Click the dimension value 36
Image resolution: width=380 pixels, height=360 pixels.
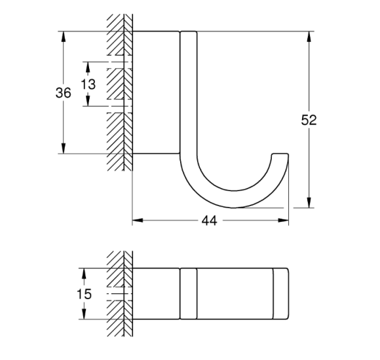click(x=63, y=94)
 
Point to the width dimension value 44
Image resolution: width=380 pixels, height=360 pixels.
click(x=209, y=221)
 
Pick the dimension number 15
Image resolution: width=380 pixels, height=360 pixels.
click(x=83, y=295)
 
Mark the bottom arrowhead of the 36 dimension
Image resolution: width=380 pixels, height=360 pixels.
click(x=63, y=150)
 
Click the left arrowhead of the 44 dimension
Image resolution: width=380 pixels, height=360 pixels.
click(x=137, y=221)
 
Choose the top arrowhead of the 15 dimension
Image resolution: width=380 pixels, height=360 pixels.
click(x=83, y=271)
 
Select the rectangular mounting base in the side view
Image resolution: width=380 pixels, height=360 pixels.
click(x=155, y=92)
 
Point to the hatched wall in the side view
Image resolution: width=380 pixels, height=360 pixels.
click(x=116, y=92)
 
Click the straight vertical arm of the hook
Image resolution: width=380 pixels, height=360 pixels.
click(x=188, y=92)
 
